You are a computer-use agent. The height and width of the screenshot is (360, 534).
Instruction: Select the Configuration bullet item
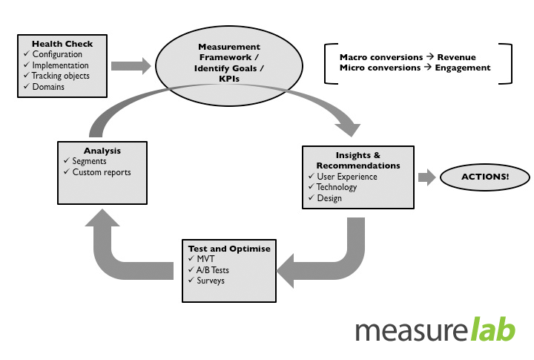pyautogui.click(x=57, y=54)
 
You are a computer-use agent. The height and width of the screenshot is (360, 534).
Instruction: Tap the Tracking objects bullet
pyautogui.click(x=61, y=76)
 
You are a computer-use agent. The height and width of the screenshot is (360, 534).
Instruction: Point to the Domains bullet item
pyautogui.click(x=48, y=87)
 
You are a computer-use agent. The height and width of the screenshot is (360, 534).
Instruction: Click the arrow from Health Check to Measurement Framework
pyautogui.click(x=131, y=65)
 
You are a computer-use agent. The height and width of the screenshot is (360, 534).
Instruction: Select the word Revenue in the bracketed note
pyautogui.click(x=456, y=56)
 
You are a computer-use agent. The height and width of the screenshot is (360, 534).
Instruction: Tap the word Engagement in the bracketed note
pyautogui.click(x=463, y=68)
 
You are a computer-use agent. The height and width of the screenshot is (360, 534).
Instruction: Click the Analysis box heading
pyautogui.click(x=102, y=151)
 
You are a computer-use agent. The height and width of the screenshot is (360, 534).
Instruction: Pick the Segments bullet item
pyautogui.click(x=89, y=161)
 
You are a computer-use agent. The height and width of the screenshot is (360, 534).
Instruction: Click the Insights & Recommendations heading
pyautogui.click(x=358, y=160)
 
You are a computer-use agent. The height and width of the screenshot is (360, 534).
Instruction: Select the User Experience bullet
pyautogui.click(x=347, y=177)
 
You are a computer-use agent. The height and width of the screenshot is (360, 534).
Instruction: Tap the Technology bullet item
pyautogui.click(x=337, y=187)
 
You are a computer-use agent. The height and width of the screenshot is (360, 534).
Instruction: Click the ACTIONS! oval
pyautogui.click(x=485, y=177)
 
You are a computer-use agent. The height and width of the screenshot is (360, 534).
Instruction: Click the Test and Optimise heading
pyautogui.click(x=230, y=247)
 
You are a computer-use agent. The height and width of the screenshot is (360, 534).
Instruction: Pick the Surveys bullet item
pyautogui.click(x=211, y=280)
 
